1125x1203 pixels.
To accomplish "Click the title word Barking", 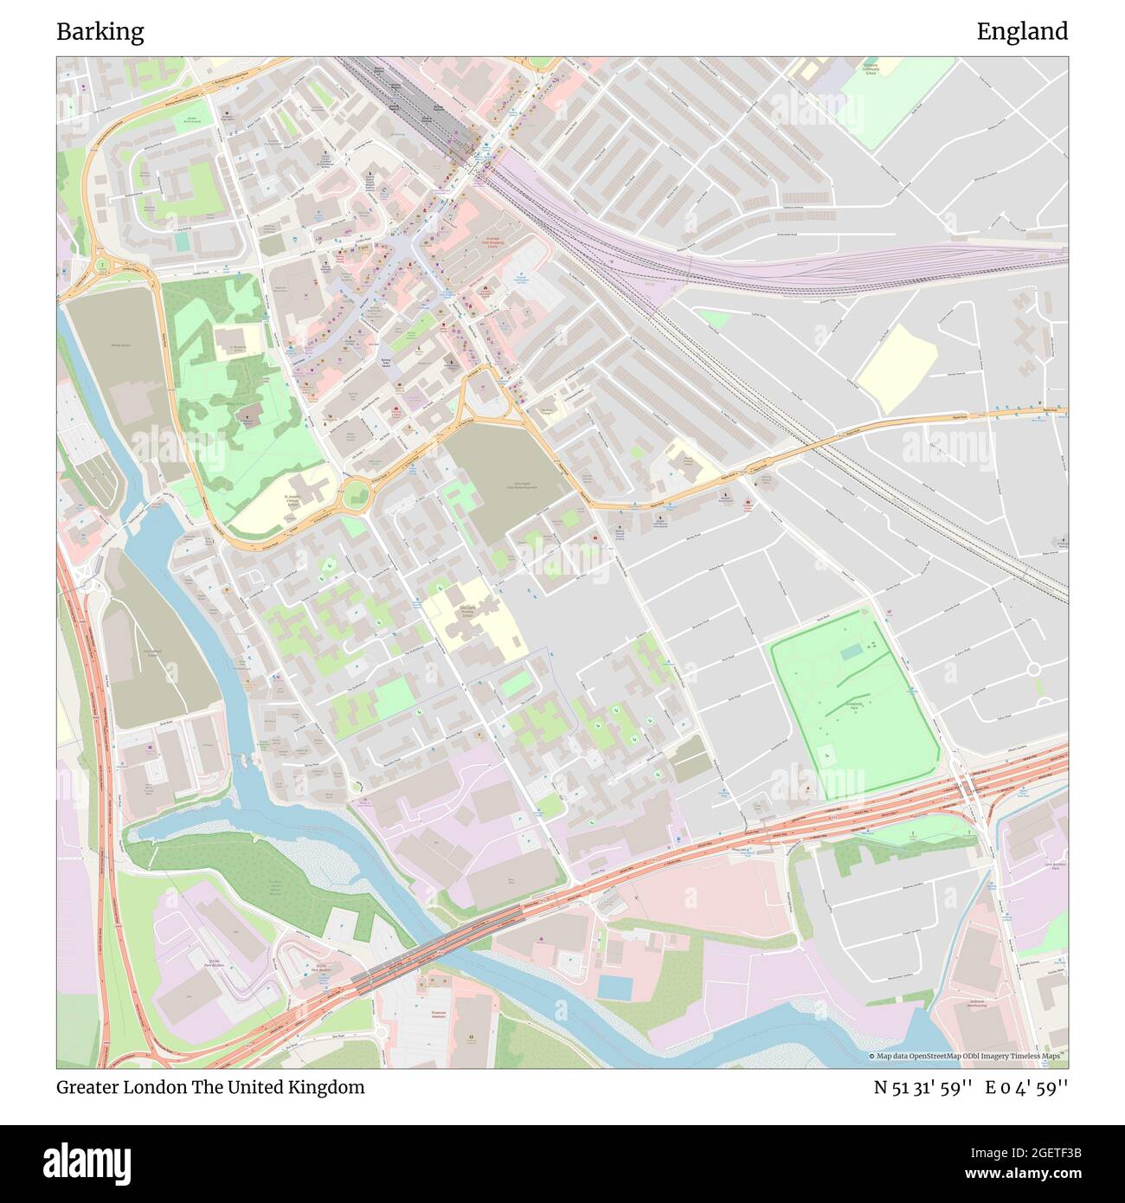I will click(100, 32).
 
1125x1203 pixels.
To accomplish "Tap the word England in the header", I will click(1022, 32).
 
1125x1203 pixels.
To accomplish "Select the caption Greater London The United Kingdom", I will click(210, 1087).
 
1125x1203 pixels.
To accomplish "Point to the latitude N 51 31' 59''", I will click(923, 1087).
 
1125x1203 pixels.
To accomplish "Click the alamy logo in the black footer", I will click(88, 1161).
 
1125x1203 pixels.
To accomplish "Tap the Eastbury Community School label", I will click(871, 68).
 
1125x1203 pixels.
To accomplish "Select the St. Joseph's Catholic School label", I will click(299, 501).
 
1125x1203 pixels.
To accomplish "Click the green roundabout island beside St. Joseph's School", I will click(356, 497).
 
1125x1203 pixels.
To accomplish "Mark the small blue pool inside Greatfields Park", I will click(851, 651).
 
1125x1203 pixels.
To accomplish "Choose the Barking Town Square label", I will click(386, 363).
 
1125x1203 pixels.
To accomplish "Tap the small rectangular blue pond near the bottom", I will click(614, 986).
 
